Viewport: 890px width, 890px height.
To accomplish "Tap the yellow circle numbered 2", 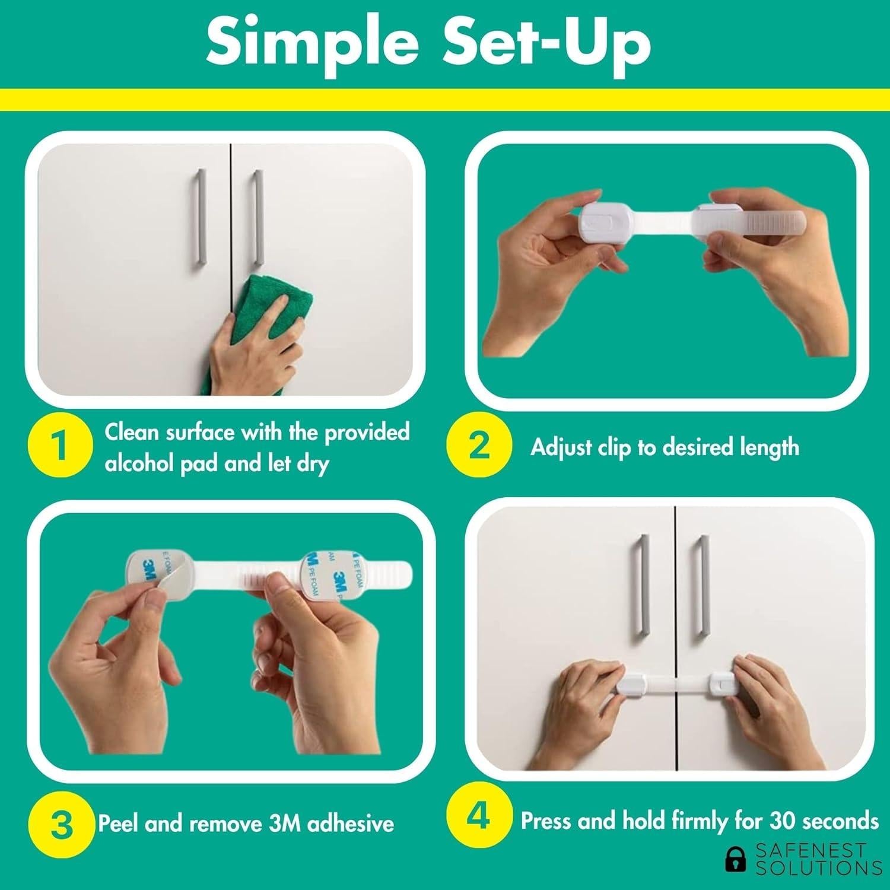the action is pyautogui.click(x=478, y=446).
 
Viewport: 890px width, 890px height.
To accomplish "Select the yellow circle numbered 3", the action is pyautogui.click(x=61, y=824).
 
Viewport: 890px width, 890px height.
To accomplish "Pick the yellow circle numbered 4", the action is pyautogui.click(x=478, y=816).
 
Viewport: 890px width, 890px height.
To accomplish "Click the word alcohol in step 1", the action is pyautogui.click(x=139, y=463).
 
